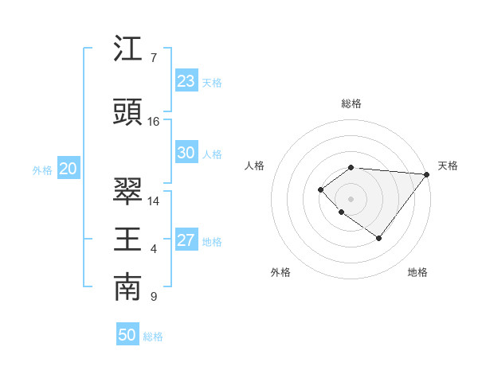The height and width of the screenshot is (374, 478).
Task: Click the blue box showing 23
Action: pos(186,81)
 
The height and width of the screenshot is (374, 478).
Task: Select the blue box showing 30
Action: pos(186,153)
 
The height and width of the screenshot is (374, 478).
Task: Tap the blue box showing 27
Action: pos(186,240)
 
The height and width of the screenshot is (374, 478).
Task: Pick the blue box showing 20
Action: pos(69,169)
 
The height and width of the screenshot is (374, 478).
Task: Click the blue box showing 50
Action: pos(127,335)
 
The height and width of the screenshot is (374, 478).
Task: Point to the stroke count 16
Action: pos(153,122)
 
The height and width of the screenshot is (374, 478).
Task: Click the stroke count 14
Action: pos(153,201)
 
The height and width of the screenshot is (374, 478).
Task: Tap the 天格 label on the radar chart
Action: pos(448,166)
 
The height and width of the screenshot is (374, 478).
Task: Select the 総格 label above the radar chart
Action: pos(351,103)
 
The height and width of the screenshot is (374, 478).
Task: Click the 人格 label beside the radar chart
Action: pos(255,166)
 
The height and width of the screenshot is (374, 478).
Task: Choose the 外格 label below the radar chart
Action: pos(280,272)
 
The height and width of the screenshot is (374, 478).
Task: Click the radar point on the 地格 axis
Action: pos(378,238)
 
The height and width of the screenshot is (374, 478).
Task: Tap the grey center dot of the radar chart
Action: pos(351,199)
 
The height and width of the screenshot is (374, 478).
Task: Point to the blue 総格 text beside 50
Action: pos(153,337)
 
